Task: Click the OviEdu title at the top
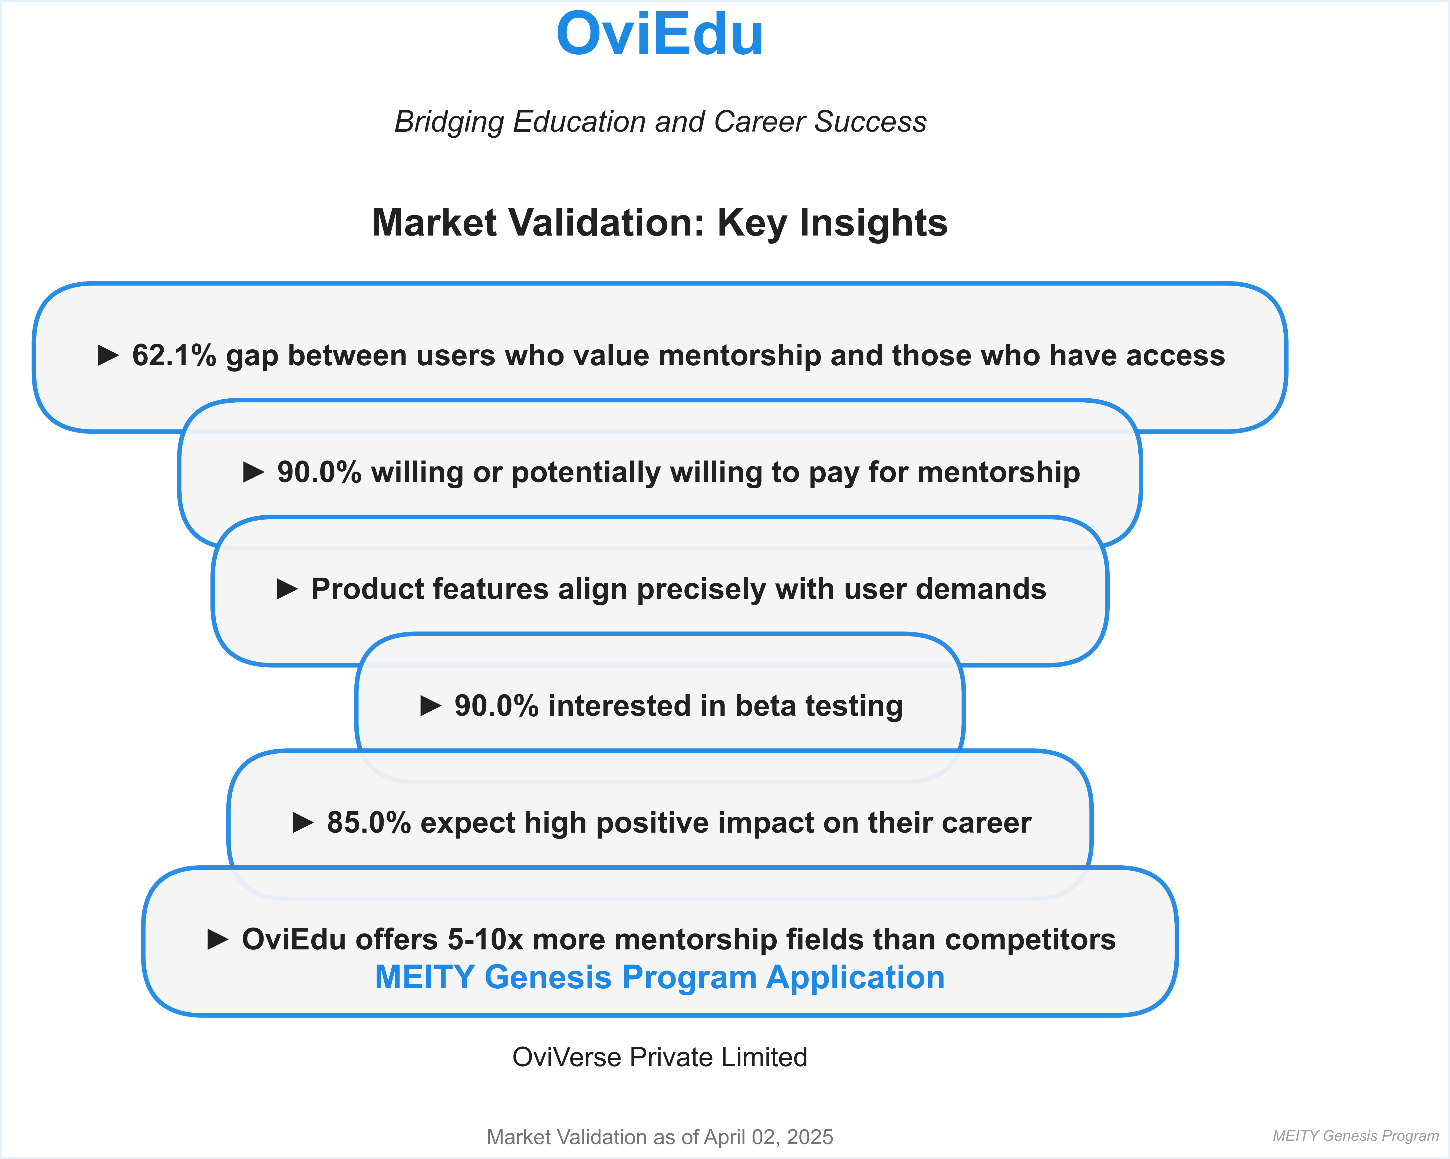tap(659, 35)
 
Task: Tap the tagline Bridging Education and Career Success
tap(660, 122)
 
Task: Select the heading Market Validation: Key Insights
tap(659, 223)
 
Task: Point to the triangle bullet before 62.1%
tap(108, 355)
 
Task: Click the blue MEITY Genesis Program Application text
tap(659, 978)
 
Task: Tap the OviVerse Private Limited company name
tap(659, 1058)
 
